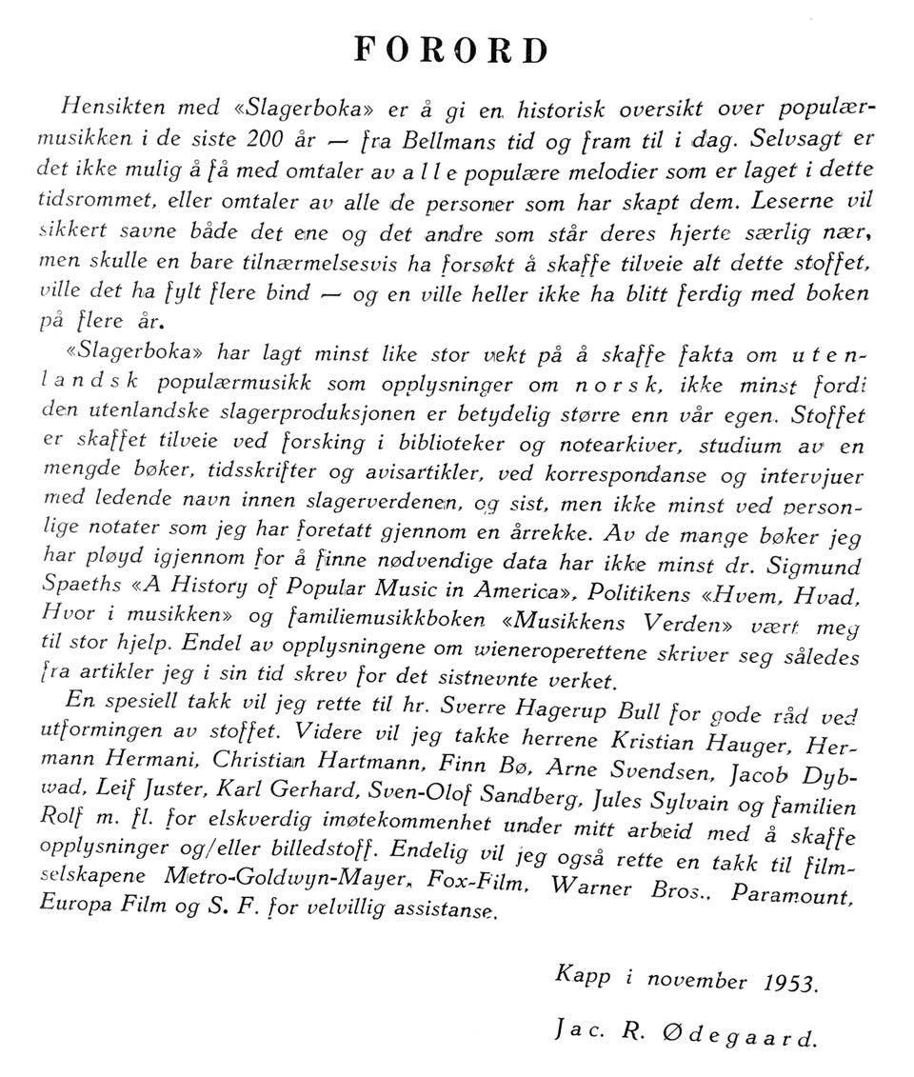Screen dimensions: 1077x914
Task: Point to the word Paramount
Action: tap(788, 896)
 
